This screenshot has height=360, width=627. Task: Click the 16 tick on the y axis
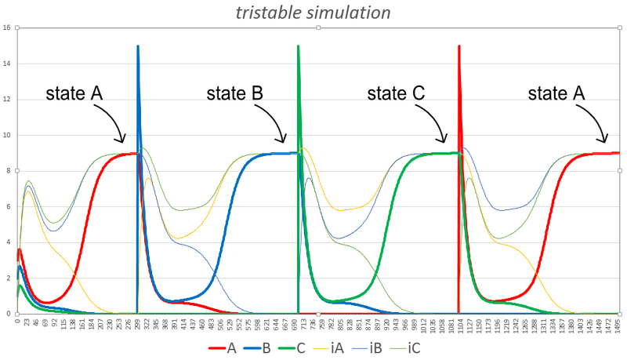(x=6, y=27)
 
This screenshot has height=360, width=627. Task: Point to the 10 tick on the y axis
(x=6, y=135)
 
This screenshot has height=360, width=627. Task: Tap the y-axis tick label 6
(x=7, y=206)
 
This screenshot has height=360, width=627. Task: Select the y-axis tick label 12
(x=6, y=99)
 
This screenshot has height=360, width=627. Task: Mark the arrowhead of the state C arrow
(x=444, y=140)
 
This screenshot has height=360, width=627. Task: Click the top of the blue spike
(x=138, y=46)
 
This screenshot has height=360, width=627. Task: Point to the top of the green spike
(x=298, y=46)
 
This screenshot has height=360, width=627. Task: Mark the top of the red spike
(x=458, y=46)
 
